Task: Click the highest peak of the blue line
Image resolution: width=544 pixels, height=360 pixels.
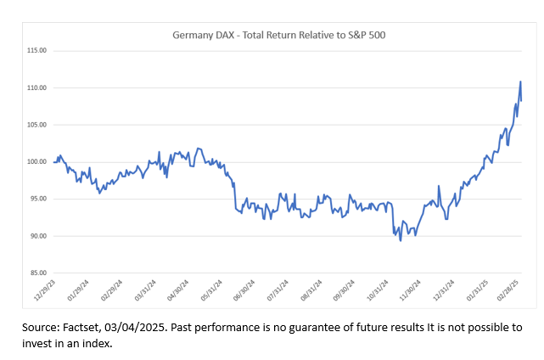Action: pyautogui.click(x=520, y=82)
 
